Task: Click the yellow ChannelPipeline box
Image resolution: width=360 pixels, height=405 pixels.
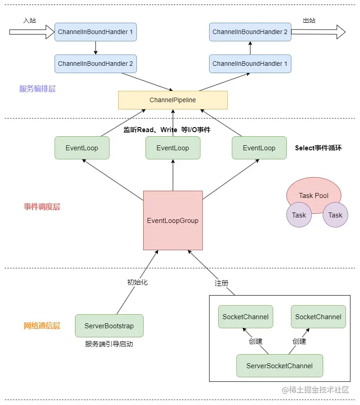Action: (x=173, y=100)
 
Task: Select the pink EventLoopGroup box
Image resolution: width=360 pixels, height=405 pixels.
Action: (x=173, y=221)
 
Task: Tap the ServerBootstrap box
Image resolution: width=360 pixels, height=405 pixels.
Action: (x=109, y=326)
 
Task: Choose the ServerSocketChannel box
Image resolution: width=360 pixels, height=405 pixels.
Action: (x=280, y=365)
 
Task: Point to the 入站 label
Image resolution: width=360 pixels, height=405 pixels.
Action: (x=30, y=20)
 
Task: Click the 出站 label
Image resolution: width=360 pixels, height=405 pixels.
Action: (x=310, y=20)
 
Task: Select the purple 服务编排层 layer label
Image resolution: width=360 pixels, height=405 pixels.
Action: (x=37, y=89)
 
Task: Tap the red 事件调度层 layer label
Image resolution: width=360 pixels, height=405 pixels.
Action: (x=42, y=207)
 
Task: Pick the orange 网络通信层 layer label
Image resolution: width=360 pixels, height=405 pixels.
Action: (x=42, y=326)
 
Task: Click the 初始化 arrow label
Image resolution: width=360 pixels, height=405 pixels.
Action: (x=137, y=282)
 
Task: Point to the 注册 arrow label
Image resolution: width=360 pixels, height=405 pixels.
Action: (x=221, y=283)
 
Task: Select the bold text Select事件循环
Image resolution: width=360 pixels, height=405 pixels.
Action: (x=318, y=148)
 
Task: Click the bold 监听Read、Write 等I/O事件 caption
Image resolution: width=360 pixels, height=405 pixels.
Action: (x=167, y=130)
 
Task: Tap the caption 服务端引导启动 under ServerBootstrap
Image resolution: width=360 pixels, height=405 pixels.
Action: (x=109, y=344)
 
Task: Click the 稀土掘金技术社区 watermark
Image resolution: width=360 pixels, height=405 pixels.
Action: (x=315, y=390)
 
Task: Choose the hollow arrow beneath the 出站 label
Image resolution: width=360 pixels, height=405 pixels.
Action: (x=318, y=32)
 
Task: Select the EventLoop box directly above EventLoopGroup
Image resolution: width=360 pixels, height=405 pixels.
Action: (x=173, y=148)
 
